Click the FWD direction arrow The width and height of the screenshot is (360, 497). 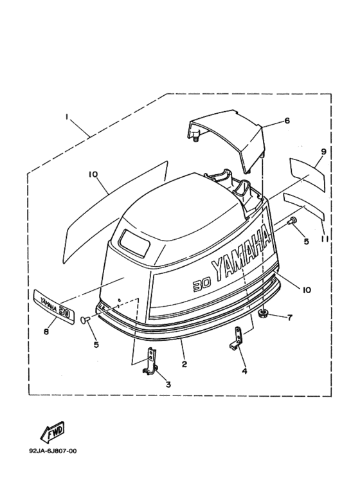tap(53, 432)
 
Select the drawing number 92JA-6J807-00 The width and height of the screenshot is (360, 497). tap(53, 451)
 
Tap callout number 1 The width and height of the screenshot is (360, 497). tap(67, 117)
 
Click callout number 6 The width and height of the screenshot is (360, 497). tap(287, 121)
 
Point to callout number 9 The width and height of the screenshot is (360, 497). tap(323, 152)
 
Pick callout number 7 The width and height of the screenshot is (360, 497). tap(290, 318)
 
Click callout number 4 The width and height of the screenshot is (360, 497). tap(244, 371)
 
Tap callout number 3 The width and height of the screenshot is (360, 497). tap(168, 384)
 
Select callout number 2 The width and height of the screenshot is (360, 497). tap(184, 364)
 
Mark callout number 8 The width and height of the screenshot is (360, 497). tap(46, 332)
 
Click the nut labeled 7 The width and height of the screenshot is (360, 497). tap(263, 314)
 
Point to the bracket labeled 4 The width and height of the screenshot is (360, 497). tap(237, 339)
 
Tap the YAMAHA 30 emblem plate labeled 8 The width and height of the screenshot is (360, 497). tap(53, 307)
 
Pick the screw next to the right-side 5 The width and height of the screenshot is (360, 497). tap(291, 221)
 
